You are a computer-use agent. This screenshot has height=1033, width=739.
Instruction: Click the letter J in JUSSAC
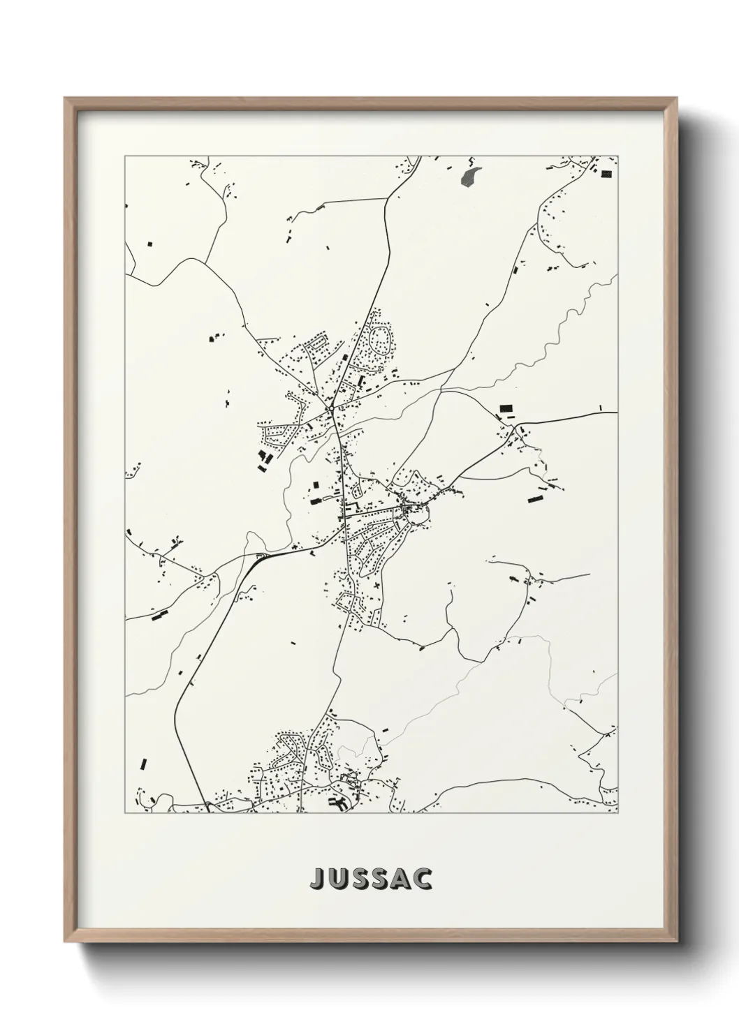tap(316, 879)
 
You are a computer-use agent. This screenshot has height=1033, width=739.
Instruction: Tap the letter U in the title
tap(337, 879)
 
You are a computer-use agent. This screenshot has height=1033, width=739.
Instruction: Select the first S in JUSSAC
tap(359, 879)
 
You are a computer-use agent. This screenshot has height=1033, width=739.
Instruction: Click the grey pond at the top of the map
tap(470, 176)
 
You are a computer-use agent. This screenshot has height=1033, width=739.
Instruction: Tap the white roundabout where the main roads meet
tap(328, 408)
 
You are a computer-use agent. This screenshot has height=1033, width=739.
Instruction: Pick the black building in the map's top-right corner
tap(606, 173)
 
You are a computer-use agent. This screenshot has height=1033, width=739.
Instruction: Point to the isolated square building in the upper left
tap(149, 244)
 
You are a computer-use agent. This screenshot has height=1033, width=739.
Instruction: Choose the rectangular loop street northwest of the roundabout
tap(319, 343)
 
